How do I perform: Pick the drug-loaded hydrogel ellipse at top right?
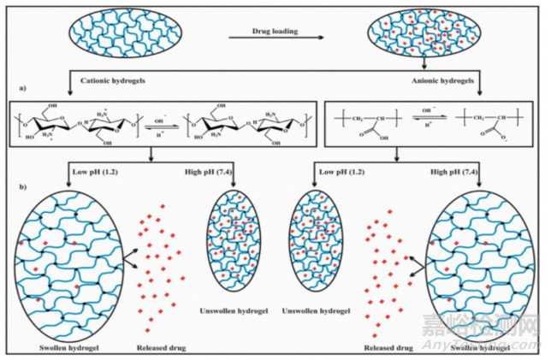point(424,36)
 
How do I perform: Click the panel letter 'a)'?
point(25,86)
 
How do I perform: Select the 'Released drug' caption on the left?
point(161,348)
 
